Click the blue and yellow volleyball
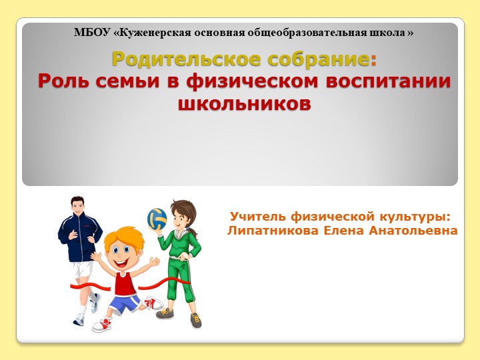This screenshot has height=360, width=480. click(157, 217)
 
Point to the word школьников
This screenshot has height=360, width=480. click(245, 104)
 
